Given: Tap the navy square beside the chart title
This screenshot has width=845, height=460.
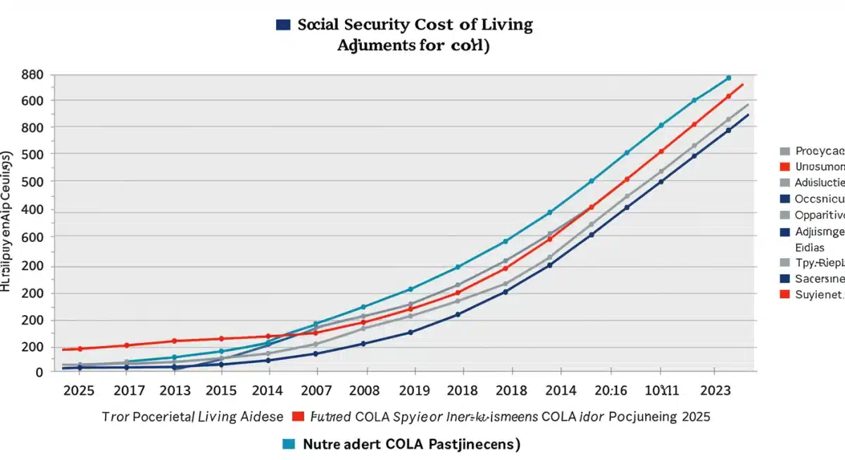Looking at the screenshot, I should click(283, 25).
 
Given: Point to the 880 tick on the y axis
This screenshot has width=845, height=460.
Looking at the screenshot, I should click(32, 75).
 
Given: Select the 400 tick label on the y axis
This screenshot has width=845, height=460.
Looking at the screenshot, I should click(32, 210).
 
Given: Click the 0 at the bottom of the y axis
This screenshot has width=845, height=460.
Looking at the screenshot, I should click(39, 373).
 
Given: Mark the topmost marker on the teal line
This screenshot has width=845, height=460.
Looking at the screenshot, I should click(729, 78).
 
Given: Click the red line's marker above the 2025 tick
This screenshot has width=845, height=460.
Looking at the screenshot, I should click(80, 349).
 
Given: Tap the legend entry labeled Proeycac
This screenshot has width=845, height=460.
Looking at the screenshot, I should click(820, 151).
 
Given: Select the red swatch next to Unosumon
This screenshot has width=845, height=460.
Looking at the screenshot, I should click(784, 167).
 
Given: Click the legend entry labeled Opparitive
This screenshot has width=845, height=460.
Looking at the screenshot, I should click(820, 215).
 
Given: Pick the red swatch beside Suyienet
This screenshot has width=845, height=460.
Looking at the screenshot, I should click(784, 295).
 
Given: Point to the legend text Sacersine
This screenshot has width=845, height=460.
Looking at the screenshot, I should click(820, 279).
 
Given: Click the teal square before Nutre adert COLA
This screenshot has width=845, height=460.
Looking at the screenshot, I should click(288, 443).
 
